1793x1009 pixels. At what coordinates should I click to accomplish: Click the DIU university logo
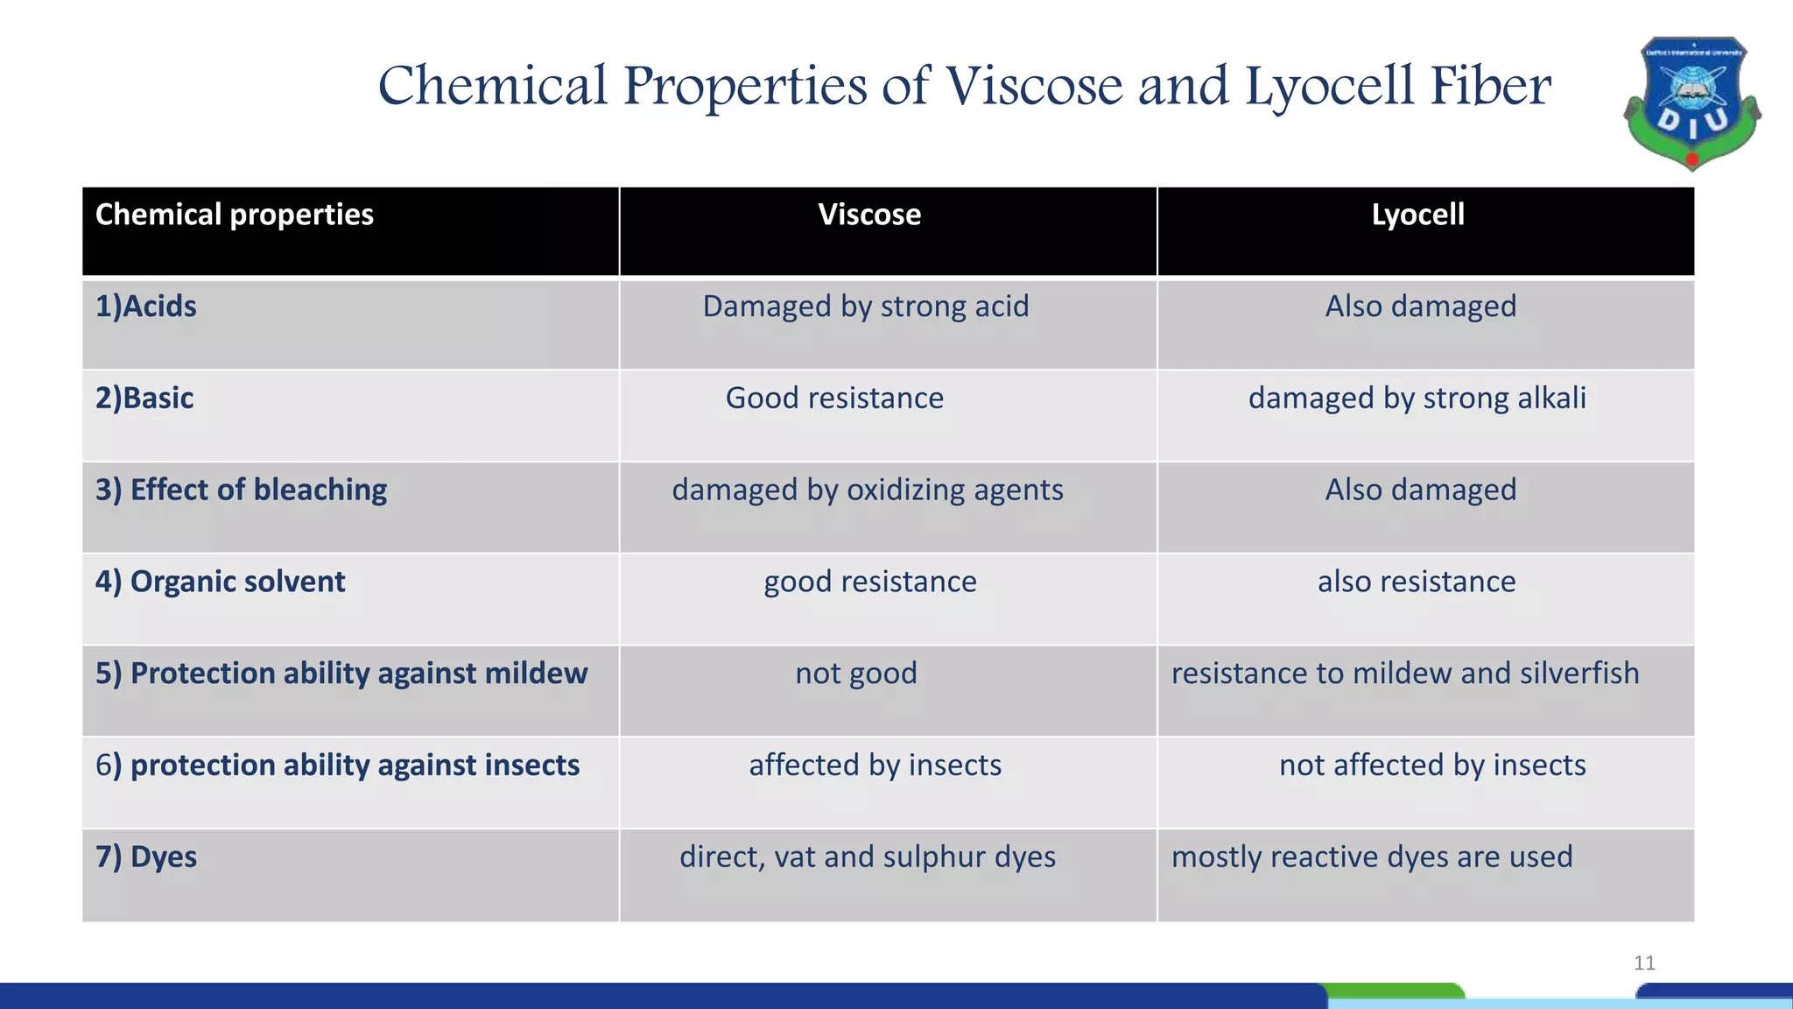(1691, 103)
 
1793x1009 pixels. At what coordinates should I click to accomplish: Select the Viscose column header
(869, 215)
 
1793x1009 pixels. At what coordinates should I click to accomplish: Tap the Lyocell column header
(1417, 215)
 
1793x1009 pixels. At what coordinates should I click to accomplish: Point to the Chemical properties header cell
(235, 215)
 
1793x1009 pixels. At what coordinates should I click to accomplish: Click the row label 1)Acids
(146, 307)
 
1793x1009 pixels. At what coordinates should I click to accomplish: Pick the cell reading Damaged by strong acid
(866, 307)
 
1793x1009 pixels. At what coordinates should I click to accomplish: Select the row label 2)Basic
(144, 399)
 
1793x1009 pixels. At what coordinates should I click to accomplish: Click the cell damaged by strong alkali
(1417, 399)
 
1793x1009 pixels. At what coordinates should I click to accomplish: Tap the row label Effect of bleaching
(242, 490)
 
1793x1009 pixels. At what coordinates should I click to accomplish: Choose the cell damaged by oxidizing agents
(868, 490)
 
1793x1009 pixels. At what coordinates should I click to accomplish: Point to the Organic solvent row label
(221, 582)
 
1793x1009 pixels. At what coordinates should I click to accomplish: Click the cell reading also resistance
(1417, 582)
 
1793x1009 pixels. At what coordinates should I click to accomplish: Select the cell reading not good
(856, 674)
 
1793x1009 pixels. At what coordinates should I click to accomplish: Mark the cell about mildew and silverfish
(1405, 674)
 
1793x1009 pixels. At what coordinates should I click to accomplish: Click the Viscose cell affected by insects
(875, 766)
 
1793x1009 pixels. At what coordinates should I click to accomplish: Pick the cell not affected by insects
(1432, 766)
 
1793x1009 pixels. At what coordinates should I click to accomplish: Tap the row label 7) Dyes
(146, 857)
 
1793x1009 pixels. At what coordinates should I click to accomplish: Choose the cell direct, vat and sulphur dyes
(868, 857)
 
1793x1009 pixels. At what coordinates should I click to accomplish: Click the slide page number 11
(1644, 963)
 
